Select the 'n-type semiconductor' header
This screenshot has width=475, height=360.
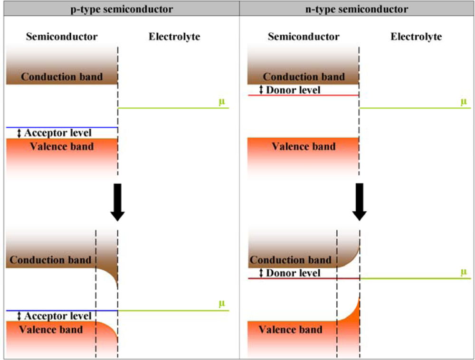click(357, 9)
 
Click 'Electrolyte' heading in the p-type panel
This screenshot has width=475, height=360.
click(174, 37)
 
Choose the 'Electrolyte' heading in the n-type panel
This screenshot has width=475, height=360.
click(416, 37)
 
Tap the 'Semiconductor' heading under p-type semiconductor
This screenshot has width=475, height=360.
click(62, 37)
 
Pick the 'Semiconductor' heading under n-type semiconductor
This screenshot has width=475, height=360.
click(304, 37)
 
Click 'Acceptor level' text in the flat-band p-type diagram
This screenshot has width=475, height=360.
click(57, 133)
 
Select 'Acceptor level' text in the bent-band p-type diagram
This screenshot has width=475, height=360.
click(57, 316)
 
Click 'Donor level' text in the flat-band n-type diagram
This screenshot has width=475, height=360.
click(293, 90)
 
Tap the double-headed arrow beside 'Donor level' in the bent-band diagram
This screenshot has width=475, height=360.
click(260, 273)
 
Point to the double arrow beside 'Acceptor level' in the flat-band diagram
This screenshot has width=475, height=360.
click(19, 133)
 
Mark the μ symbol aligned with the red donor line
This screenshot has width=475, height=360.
click(464, 272)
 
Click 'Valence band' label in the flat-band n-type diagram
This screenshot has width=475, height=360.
click(304, 146)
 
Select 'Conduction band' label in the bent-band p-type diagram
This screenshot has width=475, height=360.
click(50, 260)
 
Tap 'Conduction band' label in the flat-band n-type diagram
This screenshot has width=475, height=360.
click(304, 77)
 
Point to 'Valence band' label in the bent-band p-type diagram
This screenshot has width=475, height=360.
click(50, 330)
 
